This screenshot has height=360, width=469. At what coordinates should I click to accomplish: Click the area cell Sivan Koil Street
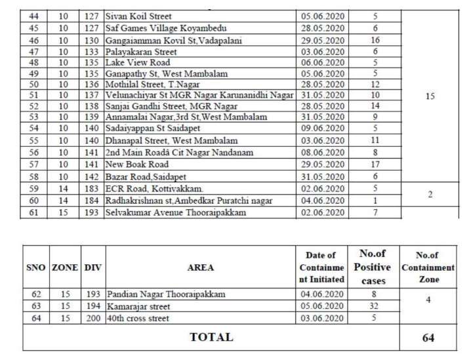[138, 16]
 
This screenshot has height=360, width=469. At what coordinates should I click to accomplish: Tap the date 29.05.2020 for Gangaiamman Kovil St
[323, 40]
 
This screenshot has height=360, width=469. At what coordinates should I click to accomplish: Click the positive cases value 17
[375, 164]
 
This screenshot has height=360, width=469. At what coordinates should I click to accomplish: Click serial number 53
[33, 117]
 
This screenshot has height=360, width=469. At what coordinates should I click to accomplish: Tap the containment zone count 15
[430, 96]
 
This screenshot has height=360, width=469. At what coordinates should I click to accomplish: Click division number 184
[92, 200]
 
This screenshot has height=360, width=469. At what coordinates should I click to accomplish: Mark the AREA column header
[200, 268]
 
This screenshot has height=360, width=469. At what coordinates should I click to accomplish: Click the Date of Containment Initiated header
[321, 267]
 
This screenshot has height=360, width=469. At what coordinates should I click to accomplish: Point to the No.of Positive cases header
[372, 267]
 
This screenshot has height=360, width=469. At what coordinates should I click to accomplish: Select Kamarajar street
[138, 306]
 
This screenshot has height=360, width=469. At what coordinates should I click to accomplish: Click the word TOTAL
[211, 337]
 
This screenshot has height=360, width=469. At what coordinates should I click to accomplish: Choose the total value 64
[428, 338]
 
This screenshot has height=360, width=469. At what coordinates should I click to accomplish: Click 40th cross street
[137, 318]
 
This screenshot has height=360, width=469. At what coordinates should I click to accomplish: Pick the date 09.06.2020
[323, 129]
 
